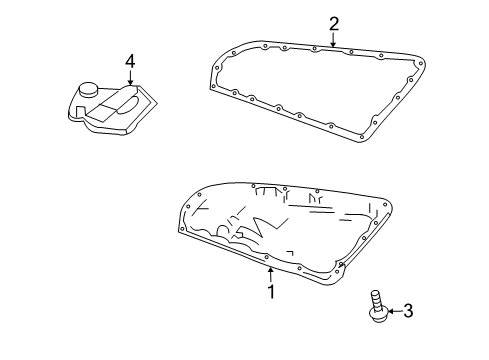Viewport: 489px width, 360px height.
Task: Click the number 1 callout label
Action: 269,293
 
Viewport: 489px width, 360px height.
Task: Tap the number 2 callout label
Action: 334,24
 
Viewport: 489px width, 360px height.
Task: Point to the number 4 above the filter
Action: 130,62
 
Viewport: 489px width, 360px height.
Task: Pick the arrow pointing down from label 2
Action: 334,41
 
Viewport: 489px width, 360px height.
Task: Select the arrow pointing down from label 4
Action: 130,80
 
